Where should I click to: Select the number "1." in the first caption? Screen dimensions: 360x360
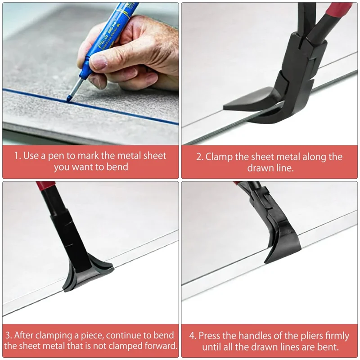point(17,156)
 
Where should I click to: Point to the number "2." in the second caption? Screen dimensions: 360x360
point(200,157)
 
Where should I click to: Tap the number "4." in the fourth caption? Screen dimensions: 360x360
point(193,336)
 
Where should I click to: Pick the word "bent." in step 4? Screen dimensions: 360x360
point(328,347)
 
